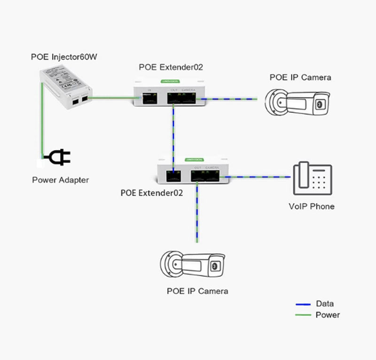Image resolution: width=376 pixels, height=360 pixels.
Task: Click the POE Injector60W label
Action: pyautogui.click(x=63, y=57)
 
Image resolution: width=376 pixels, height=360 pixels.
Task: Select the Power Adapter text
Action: pyautogui.click(x=60, y=180)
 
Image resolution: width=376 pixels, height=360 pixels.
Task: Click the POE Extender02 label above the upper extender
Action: pyautogui.click(x=171, y=67)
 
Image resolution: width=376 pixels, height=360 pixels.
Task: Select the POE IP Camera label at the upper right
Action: pyautogui.click(x=300, y=78)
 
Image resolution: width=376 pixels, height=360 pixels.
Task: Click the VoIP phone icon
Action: pyautogui.click(x=313, y=179)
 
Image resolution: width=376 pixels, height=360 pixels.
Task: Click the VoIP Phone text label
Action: pyautogui.click(x=311, y=206)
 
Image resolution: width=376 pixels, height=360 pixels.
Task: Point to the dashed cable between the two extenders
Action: pyautogui.click(x=174, y=136)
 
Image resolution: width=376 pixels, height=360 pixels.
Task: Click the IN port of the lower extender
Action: pyautogui.click(x=173, y=176)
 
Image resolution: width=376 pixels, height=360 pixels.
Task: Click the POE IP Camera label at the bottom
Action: pyautogui.click(x=197, y=291)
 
